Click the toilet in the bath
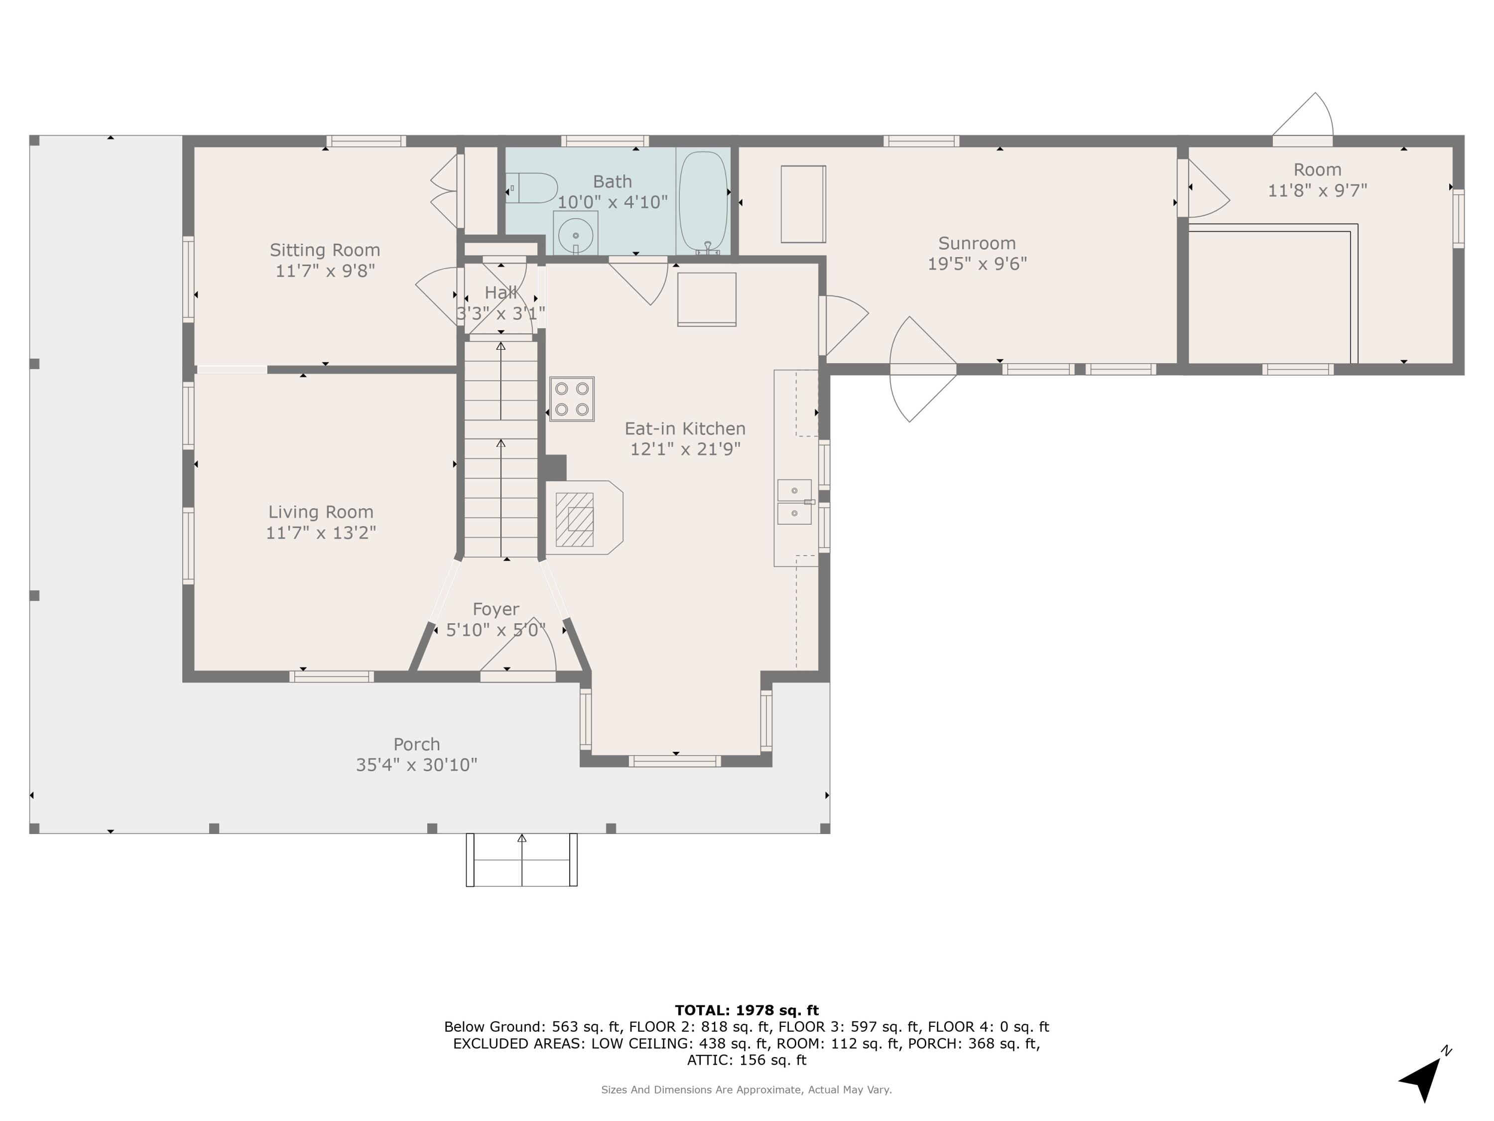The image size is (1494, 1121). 533,188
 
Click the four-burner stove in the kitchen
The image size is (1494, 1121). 571,399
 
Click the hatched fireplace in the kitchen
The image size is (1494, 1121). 575,519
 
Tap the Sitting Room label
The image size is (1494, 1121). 325,250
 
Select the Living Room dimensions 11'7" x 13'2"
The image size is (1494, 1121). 321,533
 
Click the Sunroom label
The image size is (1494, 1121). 977,243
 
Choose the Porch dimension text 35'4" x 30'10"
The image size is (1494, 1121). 417,764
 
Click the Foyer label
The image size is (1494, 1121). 496,609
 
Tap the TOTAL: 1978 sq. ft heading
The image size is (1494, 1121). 747,1009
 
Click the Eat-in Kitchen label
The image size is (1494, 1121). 685,428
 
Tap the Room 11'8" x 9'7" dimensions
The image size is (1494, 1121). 1317,190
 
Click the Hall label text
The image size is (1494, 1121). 500,292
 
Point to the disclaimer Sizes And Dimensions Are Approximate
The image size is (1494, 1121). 747,1089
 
